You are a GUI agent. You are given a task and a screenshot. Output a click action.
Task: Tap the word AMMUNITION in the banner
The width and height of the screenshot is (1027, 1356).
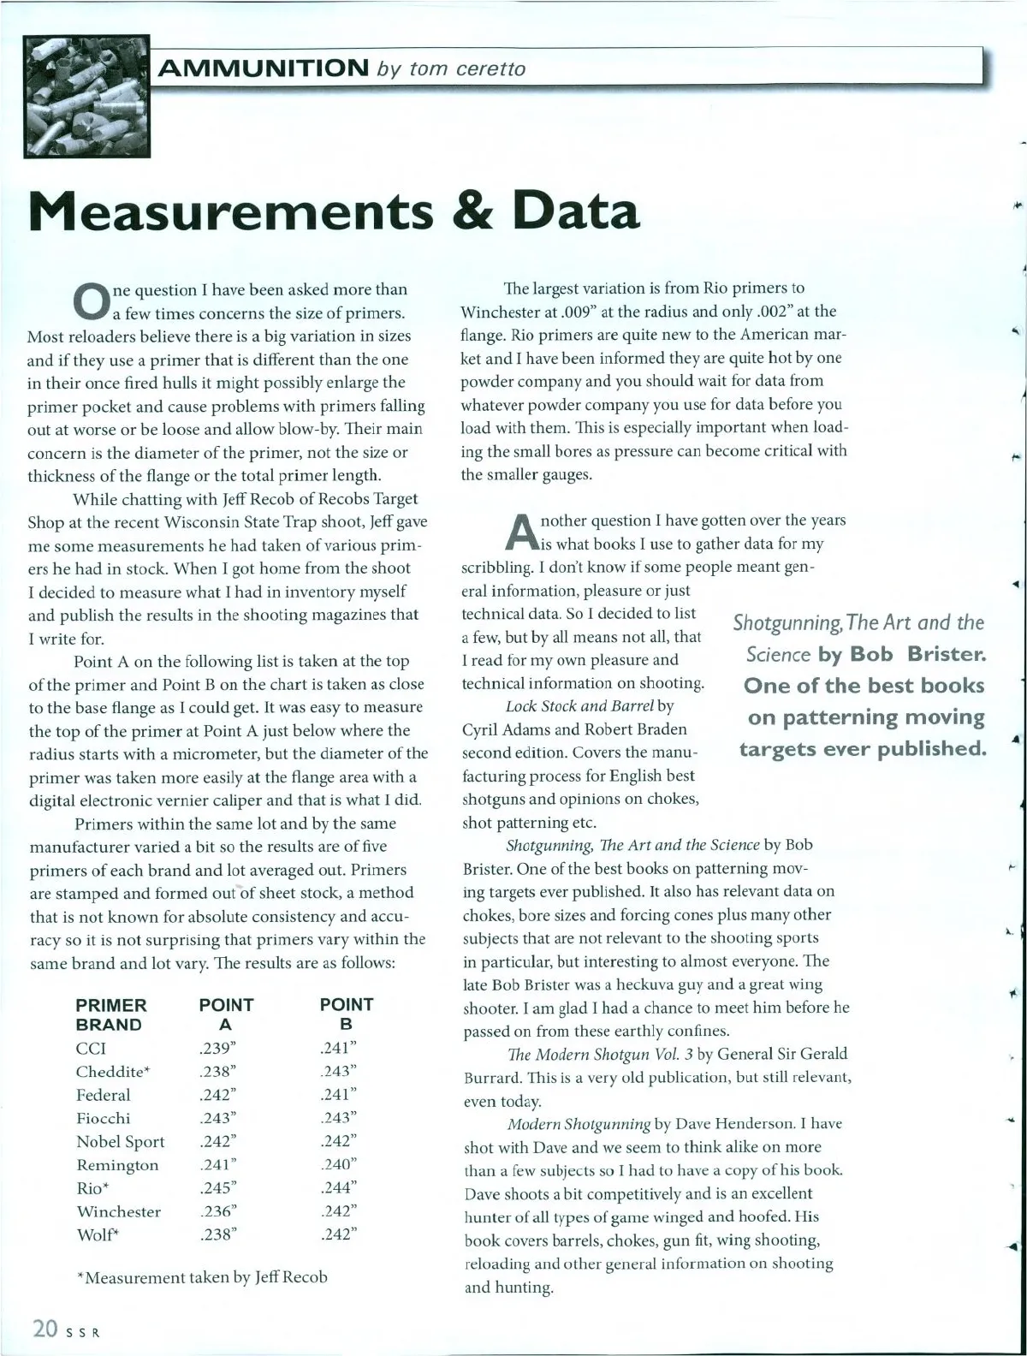coord(262,67)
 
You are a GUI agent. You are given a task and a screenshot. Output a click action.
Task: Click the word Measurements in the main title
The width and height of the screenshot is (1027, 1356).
coord(230,211)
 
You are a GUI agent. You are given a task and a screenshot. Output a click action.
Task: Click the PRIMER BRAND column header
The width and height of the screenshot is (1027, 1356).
coord(111,1014)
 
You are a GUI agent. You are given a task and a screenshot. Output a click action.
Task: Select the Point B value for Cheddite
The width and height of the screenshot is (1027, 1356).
coord(337,1071)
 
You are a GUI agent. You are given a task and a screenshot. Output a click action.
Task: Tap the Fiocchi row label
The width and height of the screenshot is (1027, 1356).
coord(103,1118)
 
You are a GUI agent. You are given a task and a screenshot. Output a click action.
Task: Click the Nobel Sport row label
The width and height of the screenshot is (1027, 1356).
coord(120,1141)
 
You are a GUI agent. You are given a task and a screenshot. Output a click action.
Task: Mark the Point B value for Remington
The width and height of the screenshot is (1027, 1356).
coord(337,1164)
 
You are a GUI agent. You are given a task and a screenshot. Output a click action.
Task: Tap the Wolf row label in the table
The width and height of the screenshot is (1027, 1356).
coord(97,1234)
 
